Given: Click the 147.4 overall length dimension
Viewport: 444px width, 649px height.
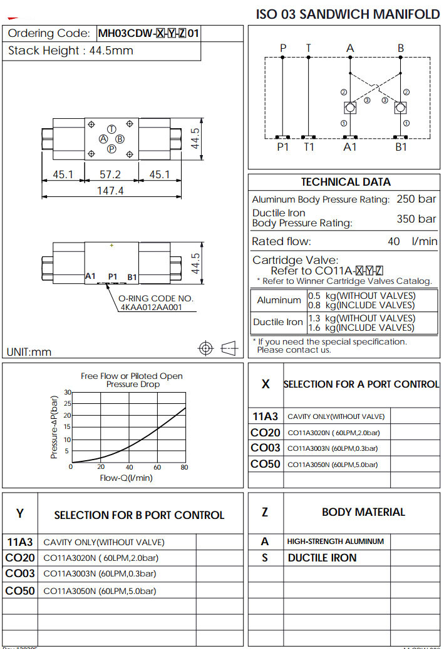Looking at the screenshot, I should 110,190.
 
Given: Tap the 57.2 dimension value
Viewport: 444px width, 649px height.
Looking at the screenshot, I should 110,174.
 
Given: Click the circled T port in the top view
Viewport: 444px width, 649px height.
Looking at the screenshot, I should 111,128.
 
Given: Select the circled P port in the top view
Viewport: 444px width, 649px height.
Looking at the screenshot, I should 111,149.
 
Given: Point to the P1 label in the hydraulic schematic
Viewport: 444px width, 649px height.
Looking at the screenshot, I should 284,147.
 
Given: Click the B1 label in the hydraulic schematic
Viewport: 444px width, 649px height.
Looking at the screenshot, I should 401,147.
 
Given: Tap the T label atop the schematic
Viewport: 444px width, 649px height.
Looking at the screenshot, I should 308,48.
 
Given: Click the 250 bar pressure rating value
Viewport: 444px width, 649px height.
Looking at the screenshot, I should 416,199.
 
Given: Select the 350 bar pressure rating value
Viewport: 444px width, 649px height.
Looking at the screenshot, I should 416,219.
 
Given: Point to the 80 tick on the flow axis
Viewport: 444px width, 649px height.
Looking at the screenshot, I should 184,467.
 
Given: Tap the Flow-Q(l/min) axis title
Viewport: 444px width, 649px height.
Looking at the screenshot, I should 126,478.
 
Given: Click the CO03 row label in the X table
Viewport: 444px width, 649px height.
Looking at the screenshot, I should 266,448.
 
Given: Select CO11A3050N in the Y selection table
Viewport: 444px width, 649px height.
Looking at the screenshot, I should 69,591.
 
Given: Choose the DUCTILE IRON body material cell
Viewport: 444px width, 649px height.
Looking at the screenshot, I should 322,558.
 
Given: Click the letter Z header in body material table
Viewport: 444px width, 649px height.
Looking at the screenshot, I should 265,512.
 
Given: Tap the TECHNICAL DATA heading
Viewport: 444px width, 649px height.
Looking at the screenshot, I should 346,182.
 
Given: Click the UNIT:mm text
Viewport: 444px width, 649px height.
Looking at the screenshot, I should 29,352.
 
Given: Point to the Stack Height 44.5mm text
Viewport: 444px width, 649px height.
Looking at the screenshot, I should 70,51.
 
